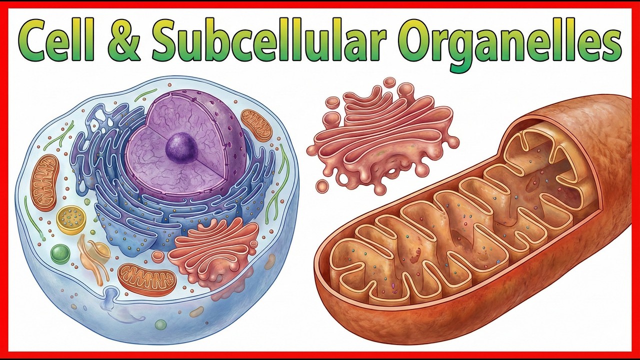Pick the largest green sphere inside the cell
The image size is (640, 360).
click(60, 253)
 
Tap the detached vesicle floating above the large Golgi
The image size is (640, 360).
click(390, 82)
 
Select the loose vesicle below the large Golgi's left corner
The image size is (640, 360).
click(322, 186)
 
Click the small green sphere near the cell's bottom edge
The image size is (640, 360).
click(160, 325)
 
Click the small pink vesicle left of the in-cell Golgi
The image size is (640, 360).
click(158, 256)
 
